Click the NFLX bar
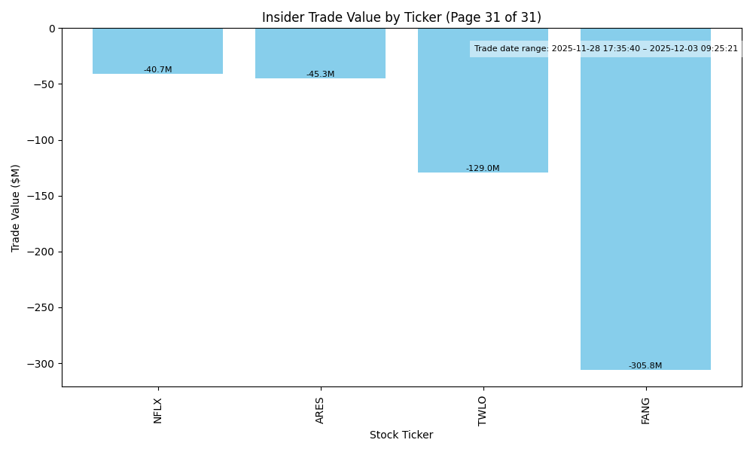(x=157, y=50)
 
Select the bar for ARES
(x=320, y=53)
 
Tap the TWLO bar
(x=483, y=105)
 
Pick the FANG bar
(x=645, y=203)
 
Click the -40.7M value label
(x=158, y=70)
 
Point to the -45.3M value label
(x=320, y=75)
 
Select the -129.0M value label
(x=483, y=169)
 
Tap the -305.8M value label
(x=645, y=366)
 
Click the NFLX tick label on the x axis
(x=157, y=411)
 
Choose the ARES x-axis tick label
(x=320, y=411)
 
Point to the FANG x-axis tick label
(x=645, y=411)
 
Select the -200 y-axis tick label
(x=39, y=252)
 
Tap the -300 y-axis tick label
(x=39, y=363)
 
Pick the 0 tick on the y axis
(x=52, y=29)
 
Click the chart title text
(x=401, y=17)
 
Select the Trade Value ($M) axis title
(x=16, y=208)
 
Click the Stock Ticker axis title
(x=401, y=435)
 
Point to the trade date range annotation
(x=605, y=49)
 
